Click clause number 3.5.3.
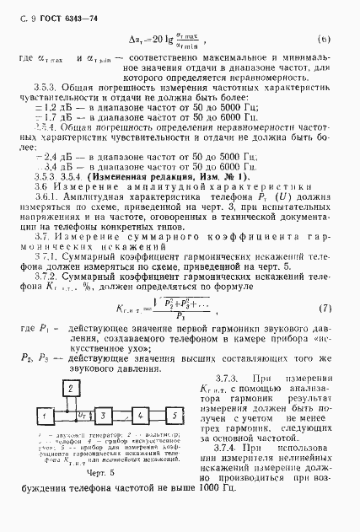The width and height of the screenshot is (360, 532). coord(46,88)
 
